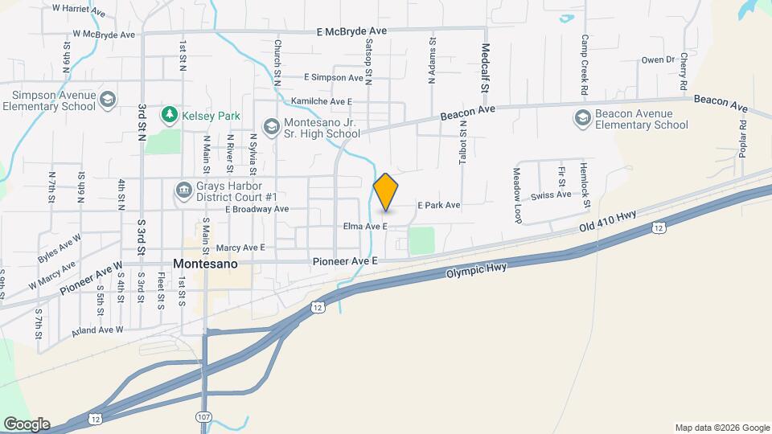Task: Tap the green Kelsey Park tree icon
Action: coord(169,116)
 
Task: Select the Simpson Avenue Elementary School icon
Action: coord(109,100)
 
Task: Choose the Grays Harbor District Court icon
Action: coord(183,190)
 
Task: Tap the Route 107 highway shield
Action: coord(204,416)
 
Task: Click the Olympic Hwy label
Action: coord(476,271)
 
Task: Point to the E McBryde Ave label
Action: coord(351,31)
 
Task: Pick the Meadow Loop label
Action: coord(518,194)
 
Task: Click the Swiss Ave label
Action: coord(552,194)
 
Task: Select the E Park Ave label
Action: coord(438,206)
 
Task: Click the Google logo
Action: coord(27,424)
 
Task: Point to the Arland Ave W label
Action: coord(96,330)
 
